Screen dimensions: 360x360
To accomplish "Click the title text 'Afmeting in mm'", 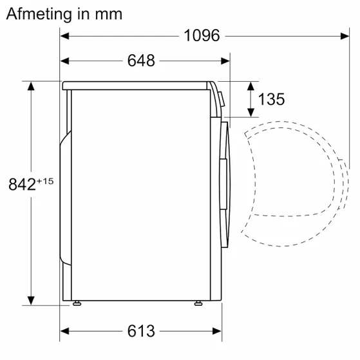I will click(x=64, y=14).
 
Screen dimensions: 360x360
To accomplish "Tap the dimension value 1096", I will click(x=201, y=35).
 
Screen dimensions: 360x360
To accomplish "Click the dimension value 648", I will click(x=142, y=61).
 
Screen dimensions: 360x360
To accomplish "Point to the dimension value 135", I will click(x=271, y=100).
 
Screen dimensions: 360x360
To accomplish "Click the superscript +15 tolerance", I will click(x=44, y=180).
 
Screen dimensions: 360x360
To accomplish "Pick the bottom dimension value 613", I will click(x=142, y=332).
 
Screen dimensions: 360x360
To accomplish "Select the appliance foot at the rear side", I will click(x=77, y=302).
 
